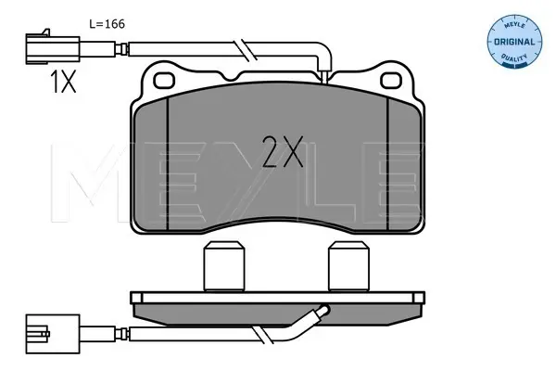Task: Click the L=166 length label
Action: click(x=107, y=24)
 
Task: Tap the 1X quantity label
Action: click(x=63, y=82)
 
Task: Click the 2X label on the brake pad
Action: click(x=283, y=151)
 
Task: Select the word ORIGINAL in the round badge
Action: click(x=514, y=42)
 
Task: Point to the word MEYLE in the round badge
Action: click(x=514, y=26)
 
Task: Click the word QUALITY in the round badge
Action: click(x=514, y=58)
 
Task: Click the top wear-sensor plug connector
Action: click(x=53, y=49)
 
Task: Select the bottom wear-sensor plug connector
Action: click(x=53, y=334)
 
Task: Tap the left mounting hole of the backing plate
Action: click(x=164, y=81)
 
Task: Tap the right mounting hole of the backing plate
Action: click(x=391, y=81)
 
